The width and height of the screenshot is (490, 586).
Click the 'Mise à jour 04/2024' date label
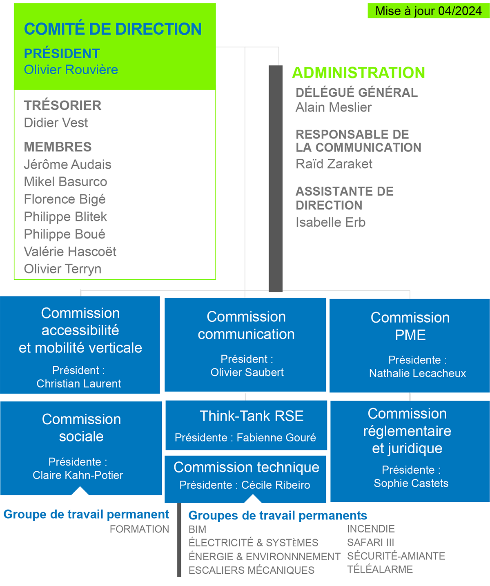(428, 11)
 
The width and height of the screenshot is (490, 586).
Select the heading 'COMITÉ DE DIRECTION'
(113, 29)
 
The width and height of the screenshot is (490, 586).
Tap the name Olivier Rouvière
(71, 69)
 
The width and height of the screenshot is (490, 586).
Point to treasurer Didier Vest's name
(56, 123)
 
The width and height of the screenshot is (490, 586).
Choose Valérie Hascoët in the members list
(70, 252)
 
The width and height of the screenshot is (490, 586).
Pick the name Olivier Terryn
(62, 269)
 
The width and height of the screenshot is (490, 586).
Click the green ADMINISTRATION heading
(359, 73)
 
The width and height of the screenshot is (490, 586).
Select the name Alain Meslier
(334, 107)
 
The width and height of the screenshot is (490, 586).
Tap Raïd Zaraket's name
(334, 164)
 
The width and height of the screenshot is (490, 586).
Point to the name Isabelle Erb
(331, 222)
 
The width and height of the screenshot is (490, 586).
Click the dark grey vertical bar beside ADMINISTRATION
(276, 179)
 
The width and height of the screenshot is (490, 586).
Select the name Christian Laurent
(79, 383)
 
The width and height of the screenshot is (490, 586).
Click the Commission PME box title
(410, 326)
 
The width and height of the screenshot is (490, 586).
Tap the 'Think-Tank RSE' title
(252, 416)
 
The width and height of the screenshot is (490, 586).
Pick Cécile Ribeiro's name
(276, 485)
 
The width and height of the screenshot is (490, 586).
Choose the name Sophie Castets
(411, 483)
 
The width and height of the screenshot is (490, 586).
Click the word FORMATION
(140, 529)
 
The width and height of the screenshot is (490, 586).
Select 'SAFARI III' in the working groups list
(371, 542)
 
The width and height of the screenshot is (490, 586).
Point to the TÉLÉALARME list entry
(380, 569)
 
